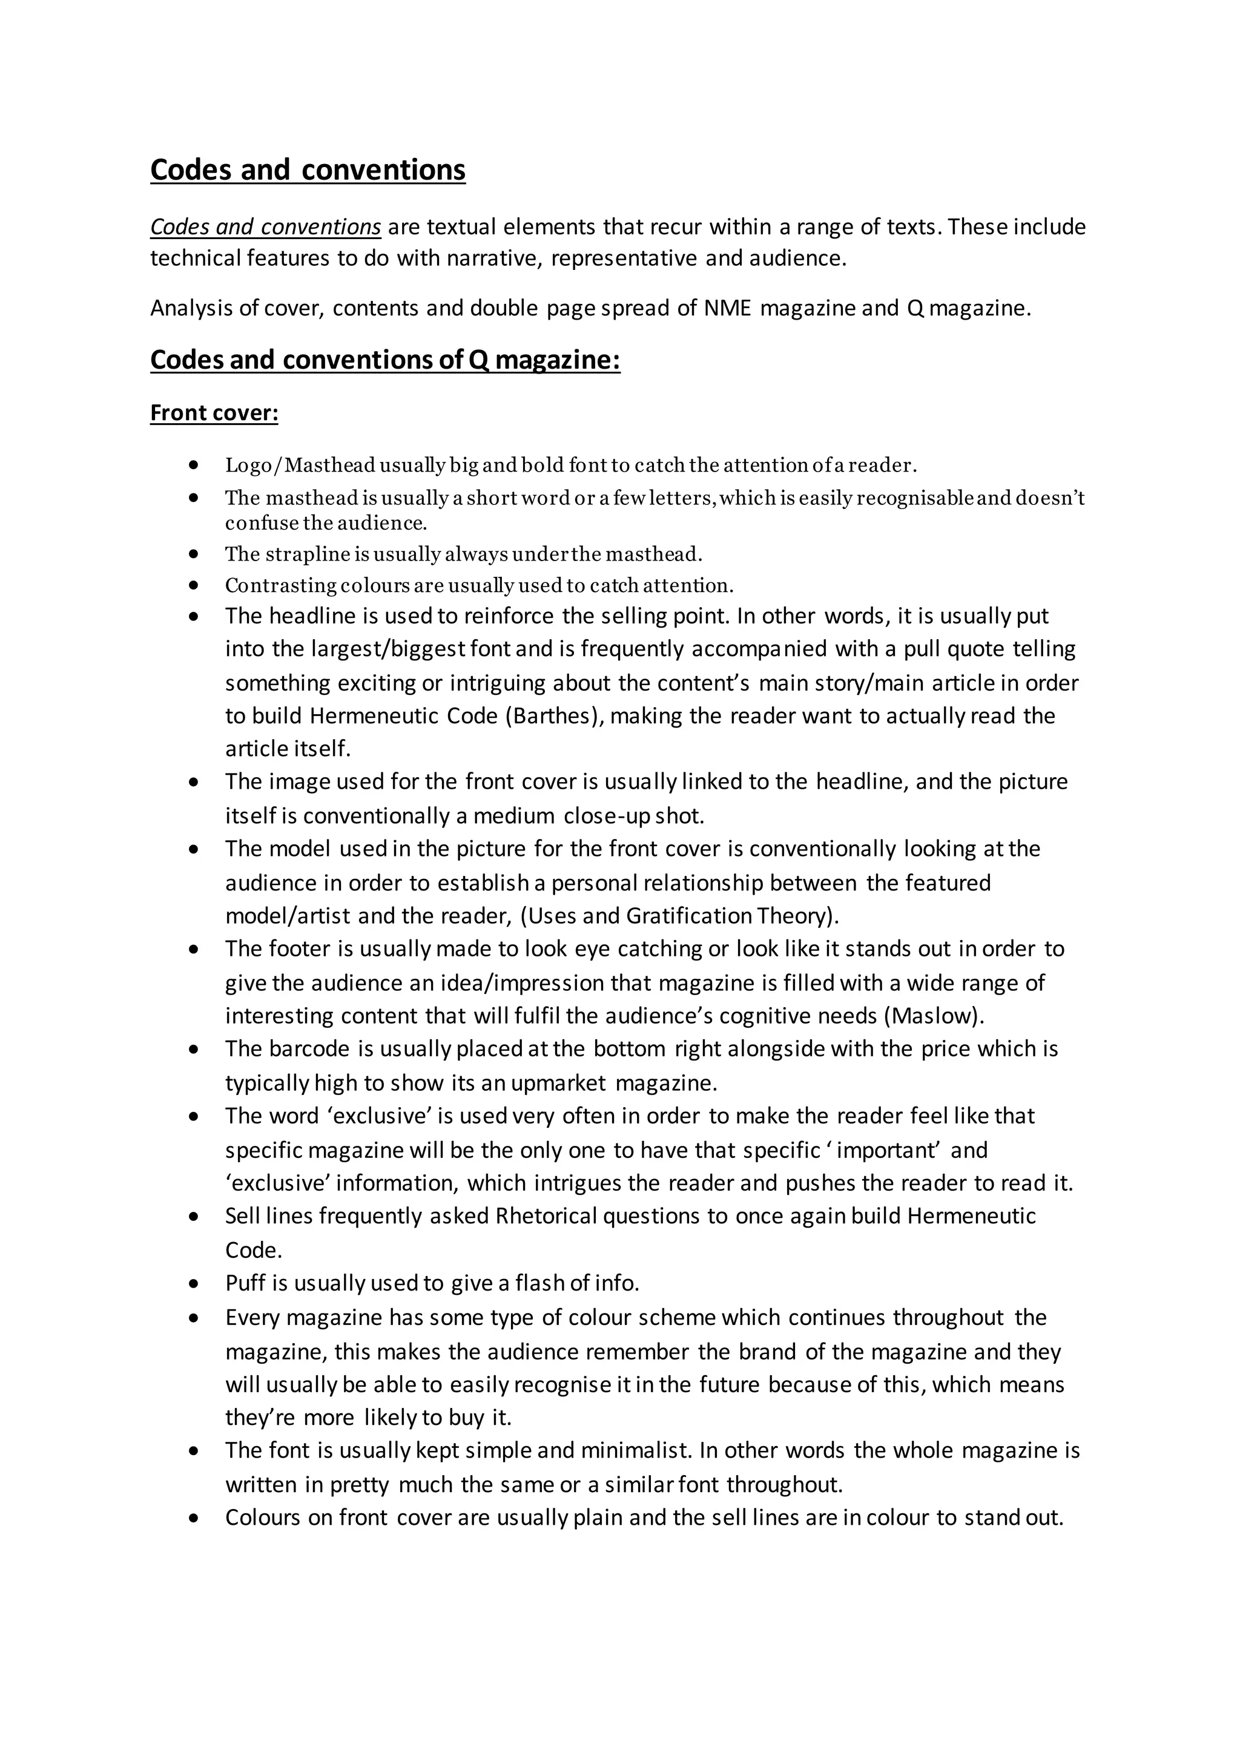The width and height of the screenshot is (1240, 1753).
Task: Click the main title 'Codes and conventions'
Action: tap(308, 169)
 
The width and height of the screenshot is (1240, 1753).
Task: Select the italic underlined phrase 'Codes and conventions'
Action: tap(265, 227)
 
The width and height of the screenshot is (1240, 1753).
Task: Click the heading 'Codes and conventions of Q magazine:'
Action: tap(385, 360)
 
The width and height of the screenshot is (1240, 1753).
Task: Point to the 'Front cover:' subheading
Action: tap(214, 413)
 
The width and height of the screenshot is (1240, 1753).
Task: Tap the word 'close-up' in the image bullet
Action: tap(606, 816)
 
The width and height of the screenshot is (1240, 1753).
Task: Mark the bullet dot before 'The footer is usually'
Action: tap(194, 949)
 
